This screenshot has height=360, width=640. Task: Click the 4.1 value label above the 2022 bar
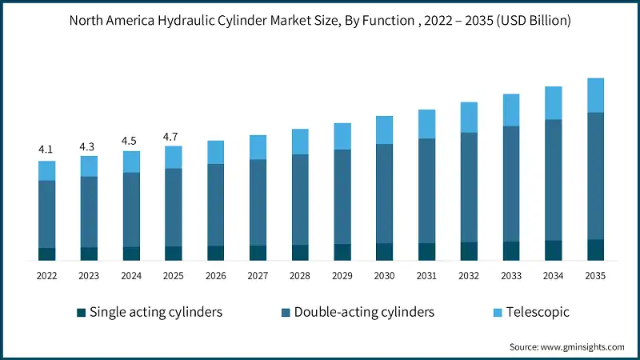coord(46,150)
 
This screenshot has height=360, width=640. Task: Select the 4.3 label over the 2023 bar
coord(89,146)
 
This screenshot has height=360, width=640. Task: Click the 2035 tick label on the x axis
coord(595,276)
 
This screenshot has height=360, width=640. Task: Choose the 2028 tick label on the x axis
coord(300,276)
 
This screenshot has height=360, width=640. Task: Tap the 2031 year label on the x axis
coord(426,276)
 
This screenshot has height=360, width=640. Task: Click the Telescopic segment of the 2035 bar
coord(595,95)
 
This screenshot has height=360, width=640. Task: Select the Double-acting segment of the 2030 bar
coord(384,194)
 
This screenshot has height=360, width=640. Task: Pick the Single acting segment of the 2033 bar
coord(511,251)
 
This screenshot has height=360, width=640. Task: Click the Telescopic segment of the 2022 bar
coord(46,170)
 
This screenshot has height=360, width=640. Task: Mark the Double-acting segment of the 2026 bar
coord(215,205)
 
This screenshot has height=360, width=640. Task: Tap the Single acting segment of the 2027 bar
coord(258,253)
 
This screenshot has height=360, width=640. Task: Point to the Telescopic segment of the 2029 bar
coord(342,136)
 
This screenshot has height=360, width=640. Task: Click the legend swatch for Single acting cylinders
coord(80,312)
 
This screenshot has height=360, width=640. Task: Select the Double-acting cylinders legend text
coord(364,312)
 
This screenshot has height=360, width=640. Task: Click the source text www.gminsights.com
coord(583,347)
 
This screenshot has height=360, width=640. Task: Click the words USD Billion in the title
coord(536,21)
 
